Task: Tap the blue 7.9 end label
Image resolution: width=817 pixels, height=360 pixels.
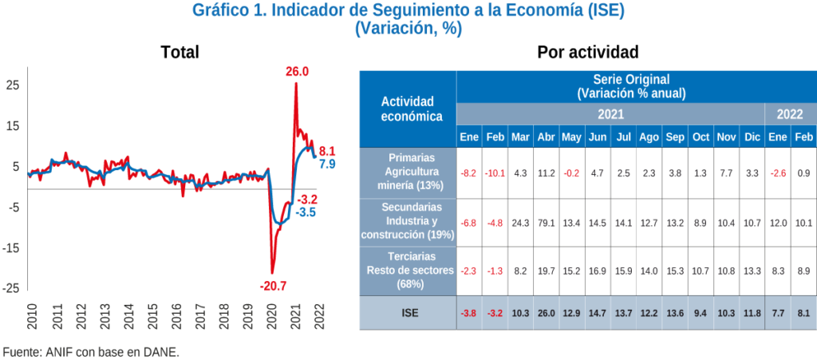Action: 327,164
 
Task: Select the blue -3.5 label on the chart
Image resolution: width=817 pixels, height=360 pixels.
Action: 306,213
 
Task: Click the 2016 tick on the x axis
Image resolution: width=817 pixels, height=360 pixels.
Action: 176,318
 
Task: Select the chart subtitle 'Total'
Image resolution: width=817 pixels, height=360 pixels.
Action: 180,53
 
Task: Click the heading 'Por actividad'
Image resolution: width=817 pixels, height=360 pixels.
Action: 587,53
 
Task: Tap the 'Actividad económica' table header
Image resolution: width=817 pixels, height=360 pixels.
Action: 407,109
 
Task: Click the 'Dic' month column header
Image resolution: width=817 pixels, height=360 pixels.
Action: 752,137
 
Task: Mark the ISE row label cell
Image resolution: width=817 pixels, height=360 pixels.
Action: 407,313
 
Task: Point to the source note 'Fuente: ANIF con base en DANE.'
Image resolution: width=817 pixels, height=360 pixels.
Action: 91,351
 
